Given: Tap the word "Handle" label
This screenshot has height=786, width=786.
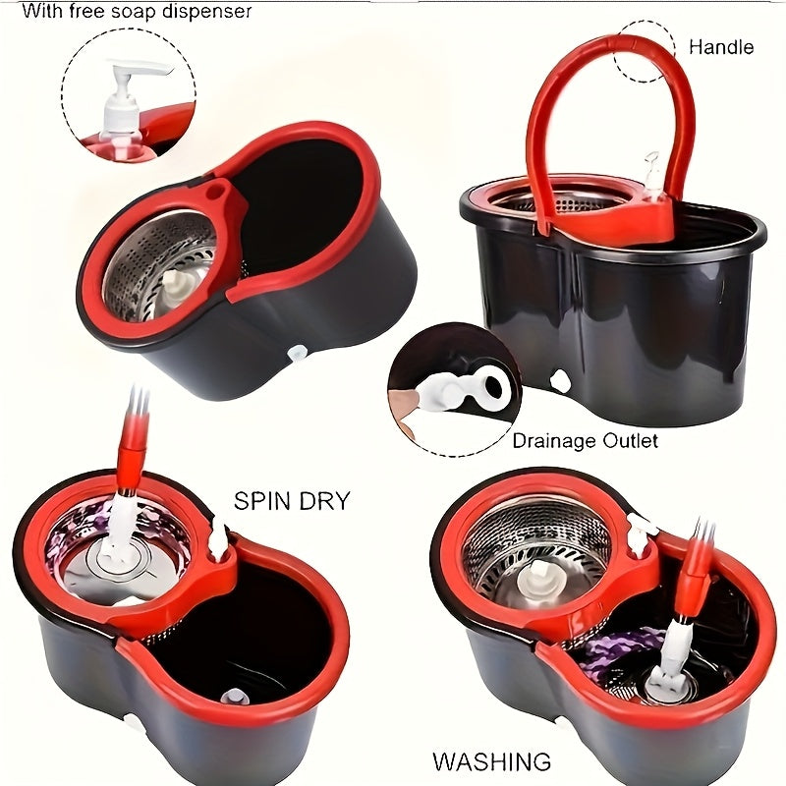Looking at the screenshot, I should coord(720,47).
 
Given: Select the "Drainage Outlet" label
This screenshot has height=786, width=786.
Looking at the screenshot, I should coord(586,441).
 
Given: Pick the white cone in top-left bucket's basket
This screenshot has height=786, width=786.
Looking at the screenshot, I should coord(177,285).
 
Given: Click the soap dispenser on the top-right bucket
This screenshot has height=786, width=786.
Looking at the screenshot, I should coord(651,167).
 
